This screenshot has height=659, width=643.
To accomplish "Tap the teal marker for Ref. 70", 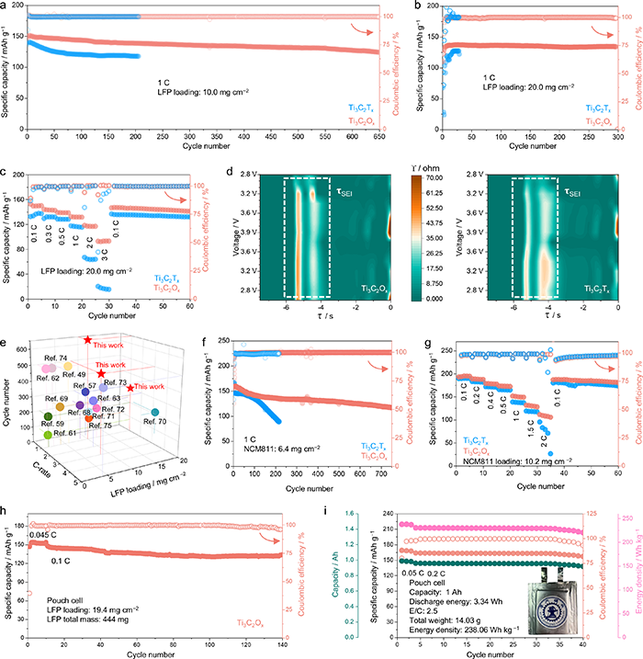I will [156, 411].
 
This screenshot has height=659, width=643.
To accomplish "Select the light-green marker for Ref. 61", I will [47, 433].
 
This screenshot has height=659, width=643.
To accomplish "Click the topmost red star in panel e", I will [87, 341].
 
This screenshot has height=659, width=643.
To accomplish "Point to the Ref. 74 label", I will [55, 357].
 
